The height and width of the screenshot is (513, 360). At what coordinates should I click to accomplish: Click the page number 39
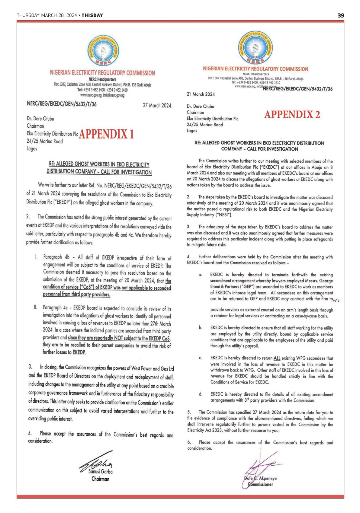pyautogui.click(x=341, y=15)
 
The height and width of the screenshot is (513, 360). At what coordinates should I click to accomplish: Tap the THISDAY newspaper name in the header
pyautogui.click(x=92, y=15)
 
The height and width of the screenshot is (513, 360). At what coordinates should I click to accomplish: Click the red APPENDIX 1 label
pyautogui.click(x=106, y=134)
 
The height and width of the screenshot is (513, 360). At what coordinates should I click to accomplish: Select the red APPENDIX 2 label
pyautogui.click(x=292, y=115)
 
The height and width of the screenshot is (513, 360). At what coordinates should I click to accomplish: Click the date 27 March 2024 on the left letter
pyautogui.click(x=157, y=105)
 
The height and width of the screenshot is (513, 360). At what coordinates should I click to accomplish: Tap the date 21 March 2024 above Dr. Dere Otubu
pyautogui.click(x=201, y=94)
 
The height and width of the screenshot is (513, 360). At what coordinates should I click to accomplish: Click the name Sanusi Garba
pyautogui.click(x=100, y=471)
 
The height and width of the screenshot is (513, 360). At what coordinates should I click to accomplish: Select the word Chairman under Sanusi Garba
pyautogui.click(x=100, y=479)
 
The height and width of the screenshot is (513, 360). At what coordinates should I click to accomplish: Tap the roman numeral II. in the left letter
pyautogui.click(x=36, y=307)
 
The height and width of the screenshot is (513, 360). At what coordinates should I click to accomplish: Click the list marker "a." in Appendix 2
pyautogui.click(x=200, y=275)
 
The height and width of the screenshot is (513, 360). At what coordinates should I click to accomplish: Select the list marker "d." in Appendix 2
pyautogui.click(x=200, y=394)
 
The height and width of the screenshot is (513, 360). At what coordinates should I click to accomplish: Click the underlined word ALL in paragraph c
pyautogui.click(x=277, y=358)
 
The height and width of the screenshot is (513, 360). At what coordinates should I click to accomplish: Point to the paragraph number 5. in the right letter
pyautogui.click(x=189, y=412)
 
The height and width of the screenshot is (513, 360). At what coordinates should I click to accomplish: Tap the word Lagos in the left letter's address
pyautogui.click(x=32, y=148)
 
